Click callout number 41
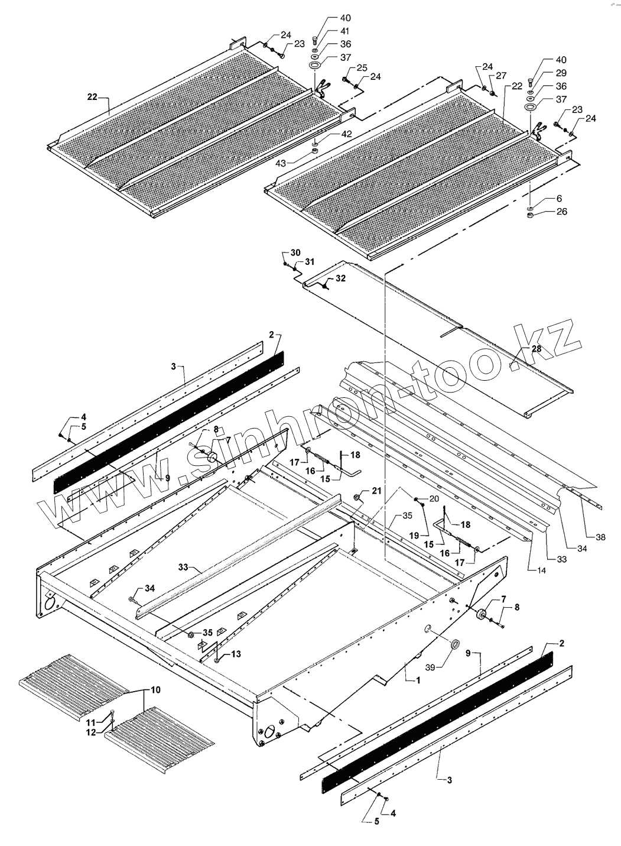[x=345, y=31]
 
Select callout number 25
[x=362, y=67]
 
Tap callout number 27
[x=501, y=76]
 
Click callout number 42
[x=346, y=134]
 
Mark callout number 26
[x=561, y=211]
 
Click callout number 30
[x=295, y=252]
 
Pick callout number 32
[x=341, y=278]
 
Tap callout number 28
[x=536, y=349]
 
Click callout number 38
[x=600, y=537]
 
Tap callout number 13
[x=236, y=653]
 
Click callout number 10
[x=155, y=690]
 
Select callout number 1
[x=418, y=680]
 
